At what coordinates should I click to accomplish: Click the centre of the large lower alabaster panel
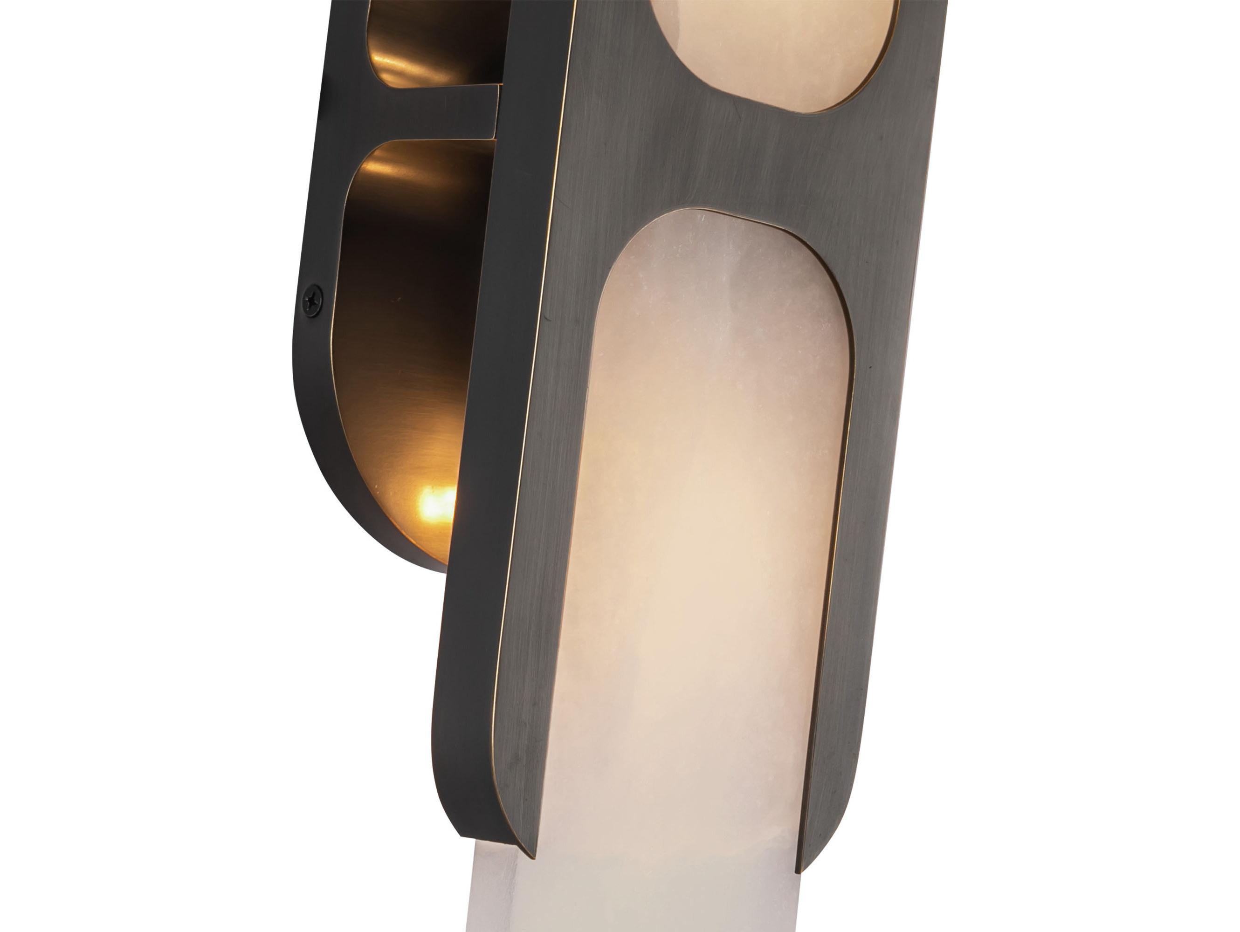(x=712, y=504)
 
